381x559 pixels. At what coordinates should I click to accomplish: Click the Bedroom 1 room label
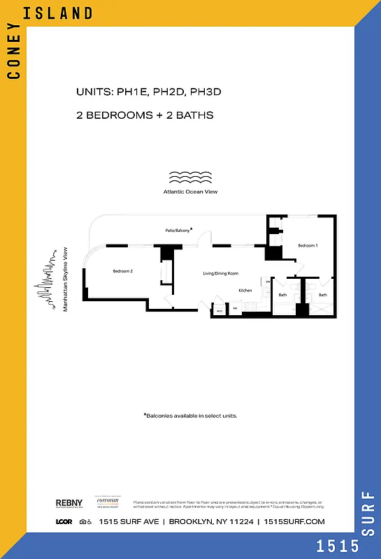pos(308,245)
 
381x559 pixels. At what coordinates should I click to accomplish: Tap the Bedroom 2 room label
pos(123,271)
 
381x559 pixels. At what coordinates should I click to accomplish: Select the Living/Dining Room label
pos(221,273)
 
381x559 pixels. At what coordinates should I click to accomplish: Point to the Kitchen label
pos(245,290)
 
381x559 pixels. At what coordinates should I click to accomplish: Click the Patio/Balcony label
pos(178,228)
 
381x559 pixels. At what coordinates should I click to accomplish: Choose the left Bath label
pos(283,295)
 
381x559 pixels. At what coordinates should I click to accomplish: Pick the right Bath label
pos(323,295)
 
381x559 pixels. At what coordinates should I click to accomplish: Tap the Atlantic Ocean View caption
pos(185,191)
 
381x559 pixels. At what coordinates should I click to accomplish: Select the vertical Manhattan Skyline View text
pos(66,278)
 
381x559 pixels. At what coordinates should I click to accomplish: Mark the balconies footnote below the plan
pos(190,415)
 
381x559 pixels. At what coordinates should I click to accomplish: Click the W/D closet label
pos(219,310)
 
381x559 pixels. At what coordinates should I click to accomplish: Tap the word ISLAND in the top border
pos(66,13)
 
